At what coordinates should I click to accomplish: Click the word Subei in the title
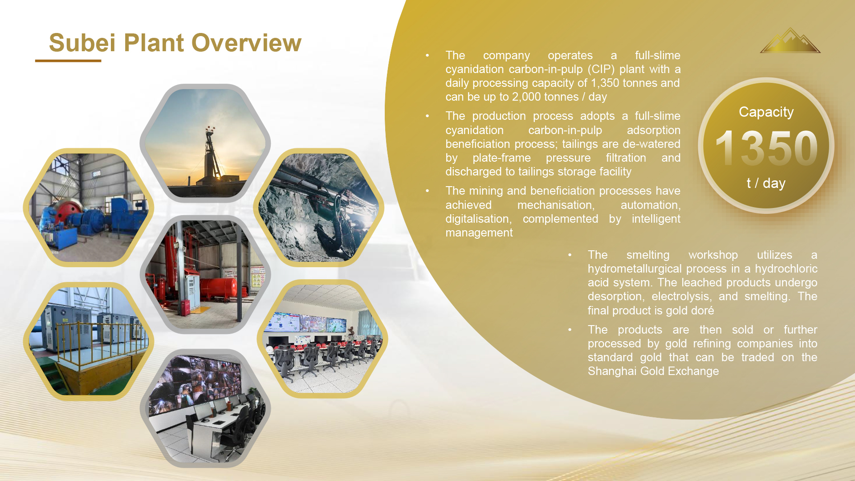[x=82, y=43]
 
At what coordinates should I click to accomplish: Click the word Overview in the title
[x=247, y=43]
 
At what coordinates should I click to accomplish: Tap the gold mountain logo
[x=790, y=41]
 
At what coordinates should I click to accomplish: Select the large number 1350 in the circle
[x=766, y=148]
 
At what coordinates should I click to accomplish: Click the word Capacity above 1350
[x=766, y=112]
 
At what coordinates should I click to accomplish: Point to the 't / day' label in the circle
[x=766, y=183]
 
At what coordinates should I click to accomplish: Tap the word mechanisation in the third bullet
[x=556, y=205]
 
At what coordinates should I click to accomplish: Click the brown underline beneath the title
[x=68, y=61]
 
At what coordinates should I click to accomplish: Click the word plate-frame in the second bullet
[x=501, y=158]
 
